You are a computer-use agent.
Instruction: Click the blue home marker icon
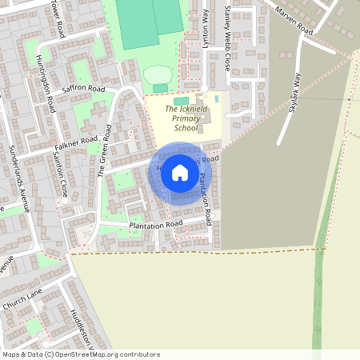[x=179, y=173]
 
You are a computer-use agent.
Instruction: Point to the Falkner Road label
[x=77, y=130]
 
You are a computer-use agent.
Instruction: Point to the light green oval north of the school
[x=157, y=74]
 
